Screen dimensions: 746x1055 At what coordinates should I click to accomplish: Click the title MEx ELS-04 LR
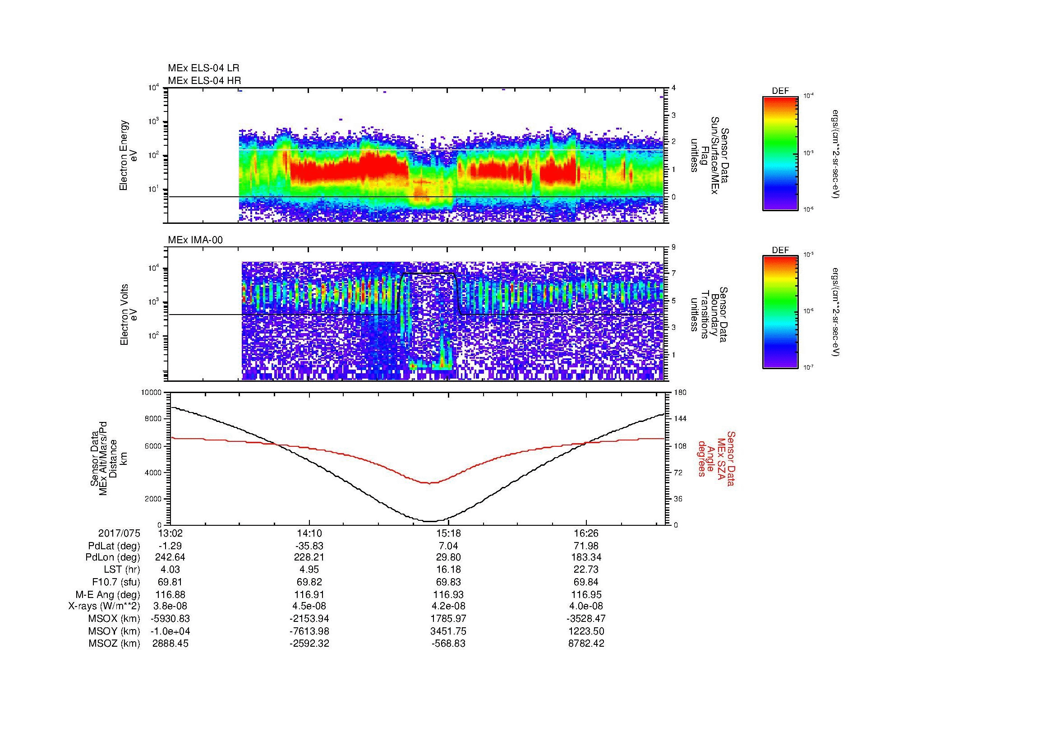point(203,68)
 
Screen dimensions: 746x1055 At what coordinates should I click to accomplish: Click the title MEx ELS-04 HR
point(204,80)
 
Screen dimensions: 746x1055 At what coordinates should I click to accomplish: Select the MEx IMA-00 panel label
point(195,240)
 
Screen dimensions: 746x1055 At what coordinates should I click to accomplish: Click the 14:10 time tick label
point(310,533)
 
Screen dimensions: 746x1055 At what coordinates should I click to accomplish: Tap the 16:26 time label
point(586,533)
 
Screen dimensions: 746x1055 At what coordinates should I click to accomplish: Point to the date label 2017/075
point(119,533)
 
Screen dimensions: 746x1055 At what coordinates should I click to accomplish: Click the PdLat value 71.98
point(586,546)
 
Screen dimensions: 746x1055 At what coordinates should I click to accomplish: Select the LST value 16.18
point(448,570)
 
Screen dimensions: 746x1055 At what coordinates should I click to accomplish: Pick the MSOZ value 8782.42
point(586,644)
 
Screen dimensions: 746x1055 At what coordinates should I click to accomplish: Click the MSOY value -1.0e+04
point(170,631)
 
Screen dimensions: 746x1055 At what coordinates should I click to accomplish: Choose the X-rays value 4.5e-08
point(310,606)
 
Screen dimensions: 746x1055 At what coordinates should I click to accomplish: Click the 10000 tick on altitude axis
point(152,393)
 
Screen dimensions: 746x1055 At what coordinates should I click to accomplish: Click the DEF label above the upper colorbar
point(780,91)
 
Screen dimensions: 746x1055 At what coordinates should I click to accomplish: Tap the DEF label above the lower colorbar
point(780,250)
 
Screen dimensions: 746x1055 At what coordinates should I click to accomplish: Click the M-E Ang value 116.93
point(448,594)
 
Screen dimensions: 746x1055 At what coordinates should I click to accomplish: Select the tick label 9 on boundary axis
point(673,247)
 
